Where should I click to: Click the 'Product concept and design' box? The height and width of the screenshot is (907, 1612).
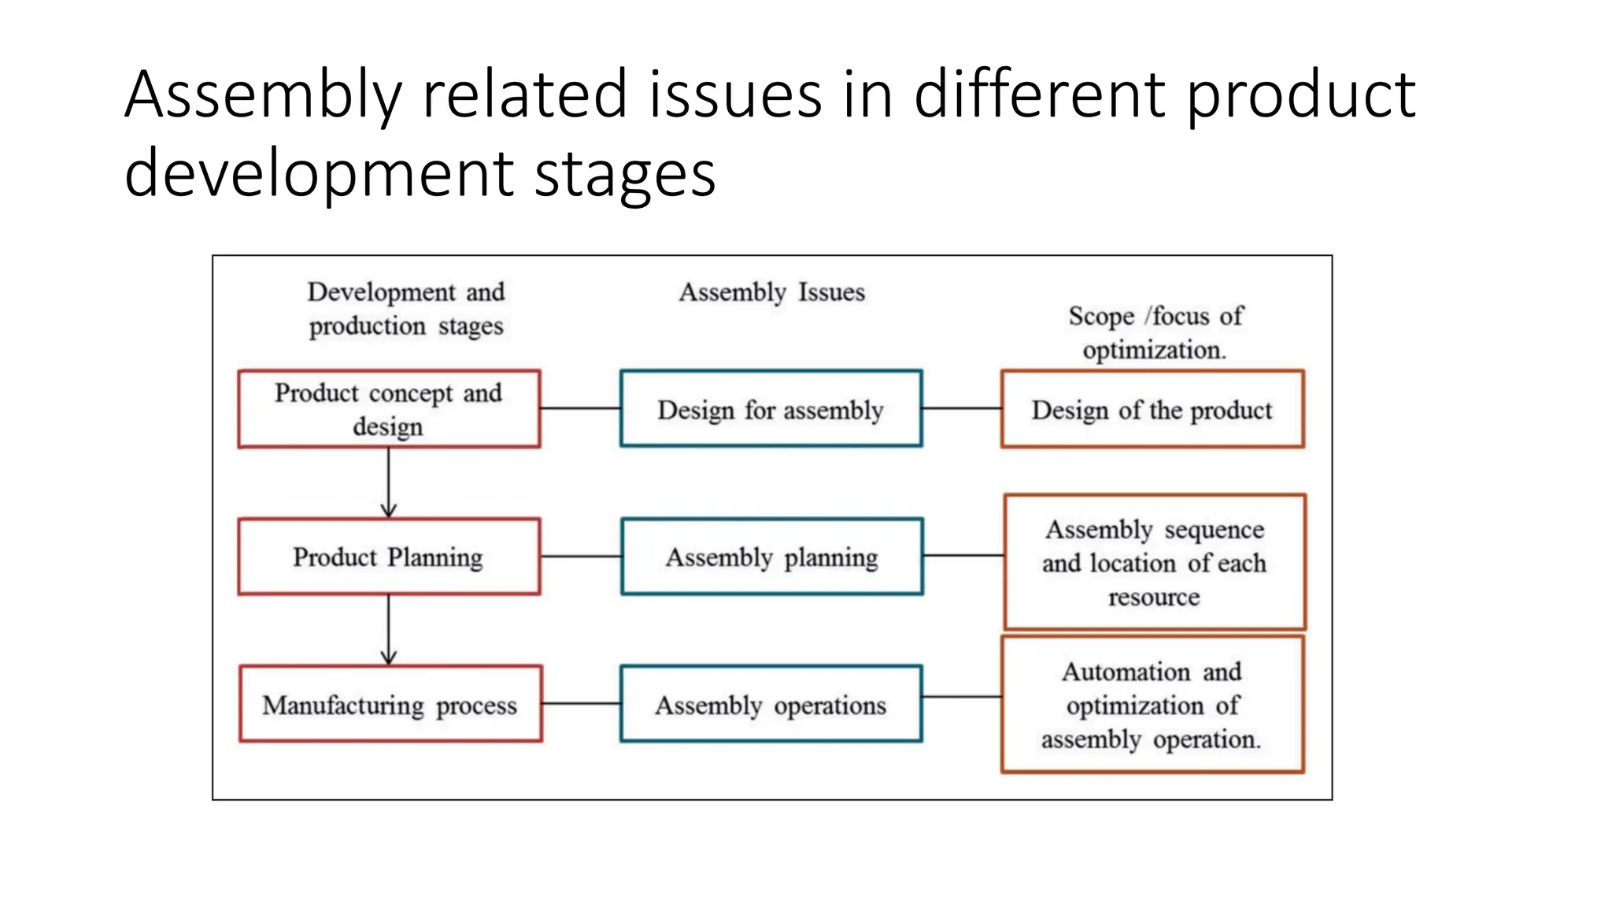click(x=389, y=409)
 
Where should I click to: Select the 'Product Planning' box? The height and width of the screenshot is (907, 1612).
click(x=389, y=557)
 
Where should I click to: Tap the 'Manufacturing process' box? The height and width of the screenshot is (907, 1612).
click(x=390, y=704)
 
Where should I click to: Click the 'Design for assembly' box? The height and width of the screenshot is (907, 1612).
click(x=771, y=409)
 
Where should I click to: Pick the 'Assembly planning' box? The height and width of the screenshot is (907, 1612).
click(x=771, y=557)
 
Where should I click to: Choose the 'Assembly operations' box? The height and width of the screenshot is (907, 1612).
click(x=771, y=704)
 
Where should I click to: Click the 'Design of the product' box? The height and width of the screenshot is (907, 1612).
click(x=1152, y=409)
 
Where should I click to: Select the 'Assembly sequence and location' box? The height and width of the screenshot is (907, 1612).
click(x=1155, y=562)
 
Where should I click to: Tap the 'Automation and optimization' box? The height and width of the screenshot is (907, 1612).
click(x=1152, y=705)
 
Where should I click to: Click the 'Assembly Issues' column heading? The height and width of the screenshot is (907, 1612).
click(x=771, y=292)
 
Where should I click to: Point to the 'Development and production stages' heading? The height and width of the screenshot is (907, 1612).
click(x=406, y=309)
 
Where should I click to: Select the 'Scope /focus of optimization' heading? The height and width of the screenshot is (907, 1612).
click(x=1155, y=332)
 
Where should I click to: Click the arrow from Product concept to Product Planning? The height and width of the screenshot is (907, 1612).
click(x=389, y=483)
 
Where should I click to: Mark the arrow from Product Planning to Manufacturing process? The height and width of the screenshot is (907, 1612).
click(x=389, y=630)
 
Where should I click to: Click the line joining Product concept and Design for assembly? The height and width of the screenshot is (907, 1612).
click(x=580, y=409)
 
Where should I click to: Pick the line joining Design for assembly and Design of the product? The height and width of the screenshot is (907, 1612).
click(x=961, y=409)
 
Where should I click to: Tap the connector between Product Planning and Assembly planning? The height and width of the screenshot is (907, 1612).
click(x=581, y=557)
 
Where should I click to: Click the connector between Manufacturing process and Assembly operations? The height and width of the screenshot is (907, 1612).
click(x=581, y=703)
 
